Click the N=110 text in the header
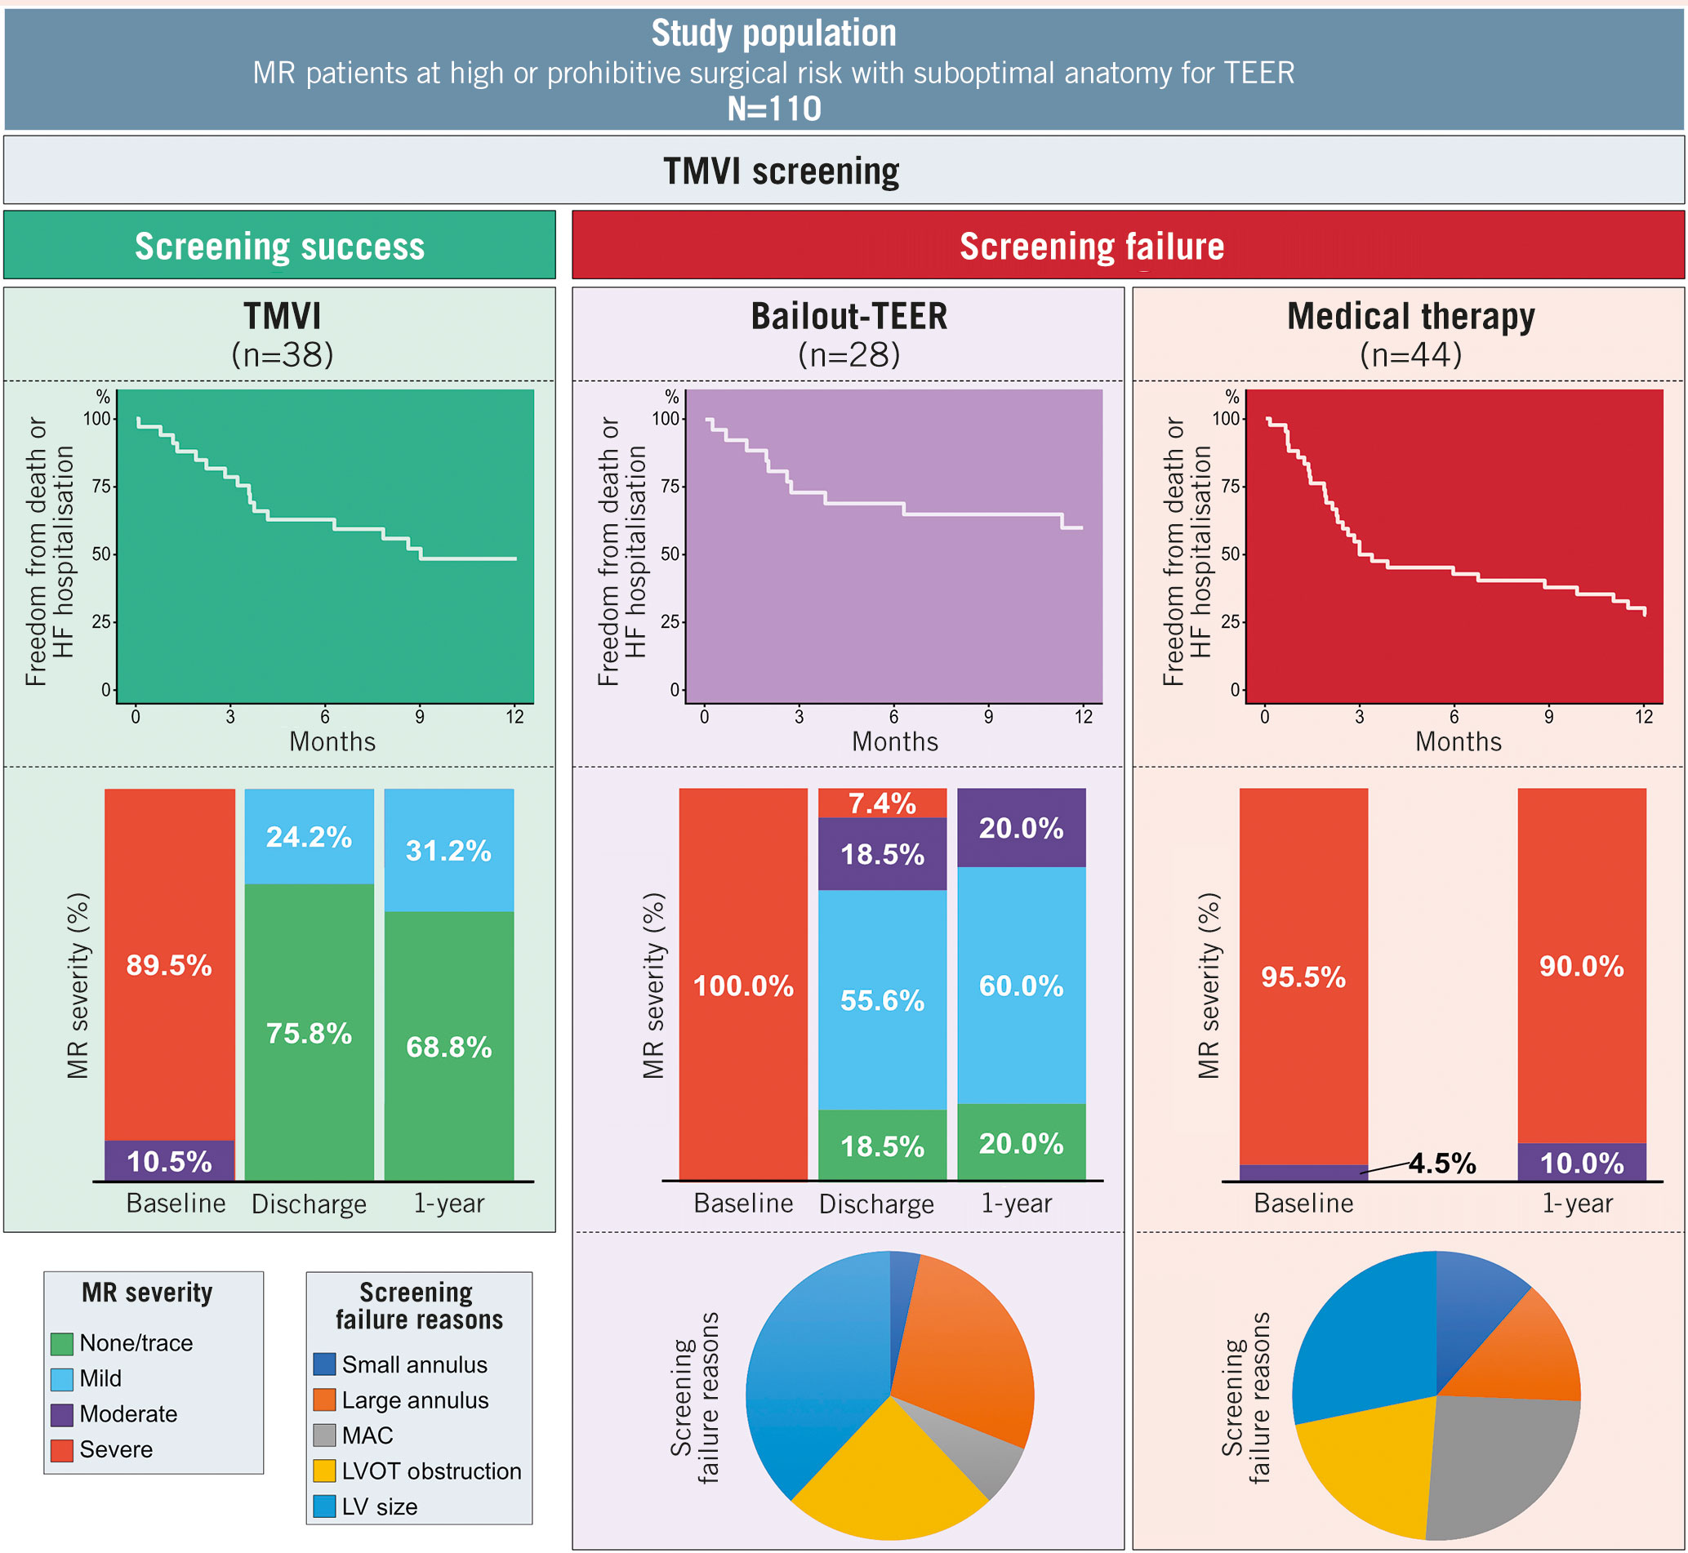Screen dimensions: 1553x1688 [x=773, y=109]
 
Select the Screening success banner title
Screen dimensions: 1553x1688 [x=279, y=247]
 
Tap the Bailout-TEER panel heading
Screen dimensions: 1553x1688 [x=848, y=317]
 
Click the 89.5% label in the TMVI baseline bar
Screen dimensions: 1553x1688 [x=169, y=965]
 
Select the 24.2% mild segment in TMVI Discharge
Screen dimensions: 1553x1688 [x=309, y=837]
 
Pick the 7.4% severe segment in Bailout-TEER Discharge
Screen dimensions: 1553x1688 [x=882, y=803]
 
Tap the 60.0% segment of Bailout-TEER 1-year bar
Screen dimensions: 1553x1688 [x=1022, y=986]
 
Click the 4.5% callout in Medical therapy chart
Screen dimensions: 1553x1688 [x=1441, y=1163]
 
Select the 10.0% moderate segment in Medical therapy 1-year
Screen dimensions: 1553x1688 [x=1581, y=1163]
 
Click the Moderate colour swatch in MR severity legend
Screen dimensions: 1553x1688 [x=61, y=1414]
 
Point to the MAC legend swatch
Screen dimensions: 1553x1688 [x=323, y=1435]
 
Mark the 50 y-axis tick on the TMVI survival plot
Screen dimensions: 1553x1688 [x=102, y=554]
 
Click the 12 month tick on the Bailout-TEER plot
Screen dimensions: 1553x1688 [x=1084, y=717]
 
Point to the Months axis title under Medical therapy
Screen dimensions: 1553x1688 [x=1458, y=742]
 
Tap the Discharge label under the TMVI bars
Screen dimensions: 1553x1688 [x=309, y=1204]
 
